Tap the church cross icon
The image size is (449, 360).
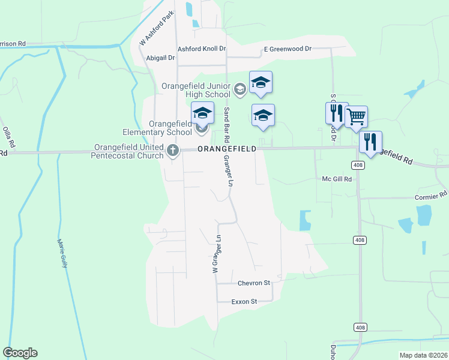[x=173, y=150]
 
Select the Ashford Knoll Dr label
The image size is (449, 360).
[x=201, y=49]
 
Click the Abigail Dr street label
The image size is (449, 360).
[x=160, y=58]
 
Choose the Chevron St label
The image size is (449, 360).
[x=254, y=283]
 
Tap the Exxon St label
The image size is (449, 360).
[x=244, y=302]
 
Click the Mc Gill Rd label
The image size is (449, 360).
[x=337, y=179]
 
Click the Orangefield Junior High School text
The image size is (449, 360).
[x=196, y=89]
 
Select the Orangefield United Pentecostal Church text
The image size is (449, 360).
[x=127, y=151]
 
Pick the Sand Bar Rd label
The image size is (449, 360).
[x=227, y=122]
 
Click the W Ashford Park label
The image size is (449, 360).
[x=156, y=28]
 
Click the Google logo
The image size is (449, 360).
[x=20, y=353]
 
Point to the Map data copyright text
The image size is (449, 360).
[x=423, y=355]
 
